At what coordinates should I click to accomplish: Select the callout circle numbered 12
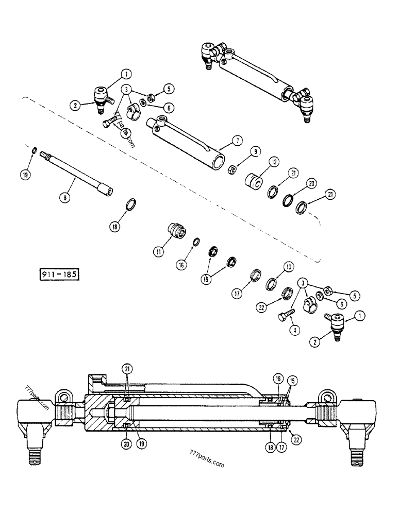pyautogui.click(x=273, y=162)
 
